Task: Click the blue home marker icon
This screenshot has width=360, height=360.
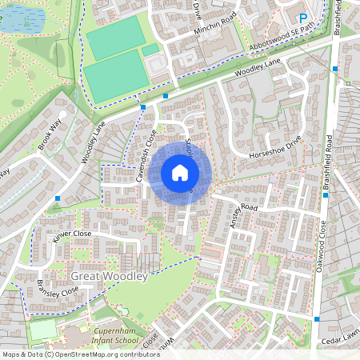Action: pyautogui.click(x=180, y=173)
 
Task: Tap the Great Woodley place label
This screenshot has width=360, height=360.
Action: pyautogui.click(x=110, y=276)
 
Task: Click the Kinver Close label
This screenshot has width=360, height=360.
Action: pyautogui.click(x=73, y=234)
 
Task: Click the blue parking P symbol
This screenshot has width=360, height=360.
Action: pyautogui.click(x=303, y=18)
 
